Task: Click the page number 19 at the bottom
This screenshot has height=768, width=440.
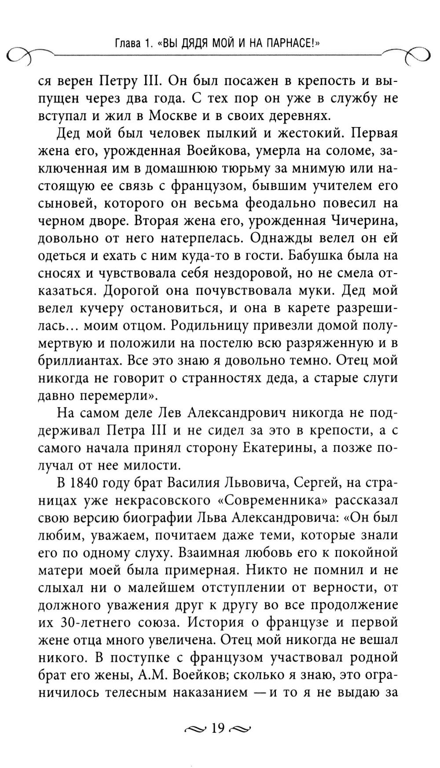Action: click(x=218, y=728)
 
